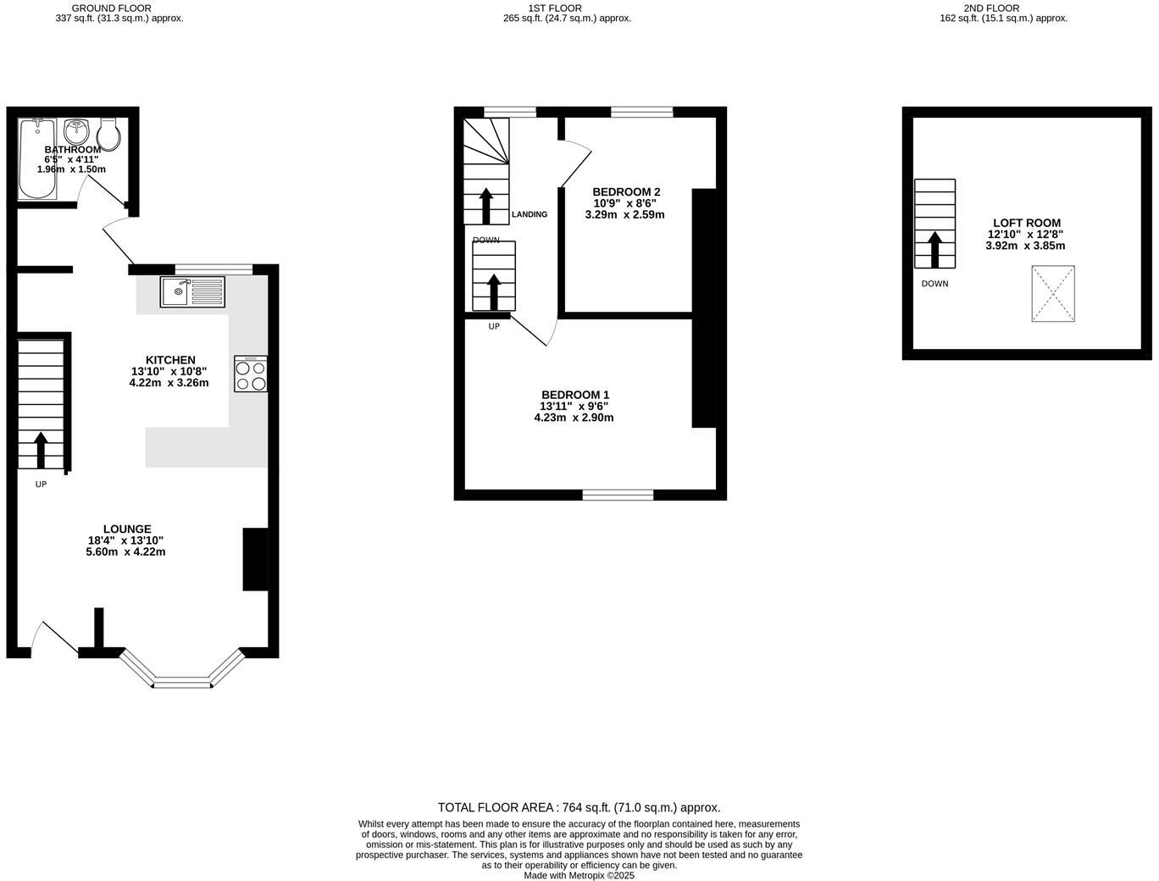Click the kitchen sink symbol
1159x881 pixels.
click(192, 292)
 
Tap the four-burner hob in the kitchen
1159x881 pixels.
click(251, 374)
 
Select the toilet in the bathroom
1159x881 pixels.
click(108, 133)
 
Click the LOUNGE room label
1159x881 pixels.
click(127, 529)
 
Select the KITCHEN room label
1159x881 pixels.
click(169, 360)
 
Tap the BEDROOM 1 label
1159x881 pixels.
click(575, 395)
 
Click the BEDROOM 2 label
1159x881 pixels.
click(625, 191)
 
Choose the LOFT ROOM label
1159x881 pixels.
click(1026, 223)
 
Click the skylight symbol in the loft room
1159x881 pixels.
click(1052, 294)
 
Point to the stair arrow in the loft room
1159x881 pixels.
click(934, 249)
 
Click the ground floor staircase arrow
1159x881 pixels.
click(41, 449)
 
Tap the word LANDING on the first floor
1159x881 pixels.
click(530, 214)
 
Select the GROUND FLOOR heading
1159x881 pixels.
click(112, 8)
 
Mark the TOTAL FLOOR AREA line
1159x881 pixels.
click(579, 807)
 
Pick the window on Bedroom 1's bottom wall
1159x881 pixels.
click(618, 495)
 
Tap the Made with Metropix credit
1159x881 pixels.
click(579, 876)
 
